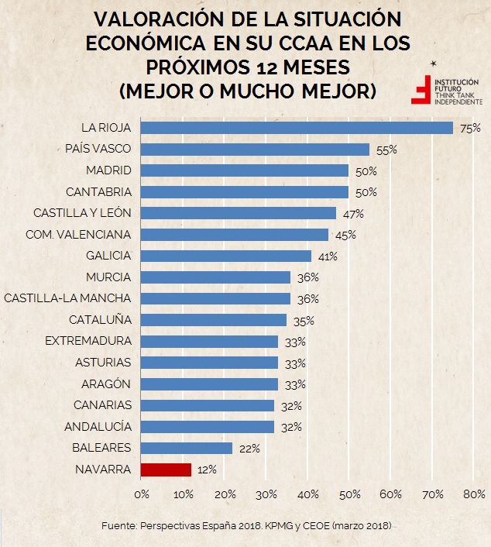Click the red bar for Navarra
[166, 470]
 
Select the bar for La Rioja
[297, 128]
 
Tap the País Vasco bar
[255, 150]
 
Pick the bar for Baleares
[187, 448]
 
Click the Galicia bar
[226, 256]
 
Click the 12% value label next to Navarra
[207, 470]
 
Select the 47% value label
[353, 214]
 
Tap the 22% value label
[249, 448]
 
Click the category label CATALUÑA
[100, 319]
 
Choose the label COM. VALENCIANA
[78, 234]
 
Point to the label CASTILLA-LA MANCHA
[67, 298]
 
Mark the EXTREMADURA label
[88, 341]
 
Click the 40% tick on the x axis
[308, 494]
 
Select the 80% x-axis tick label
[473, 494]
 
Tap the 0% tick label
[141, 494]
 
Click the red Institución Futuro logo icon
[422, 89]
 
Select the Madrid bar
[245, 170]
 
